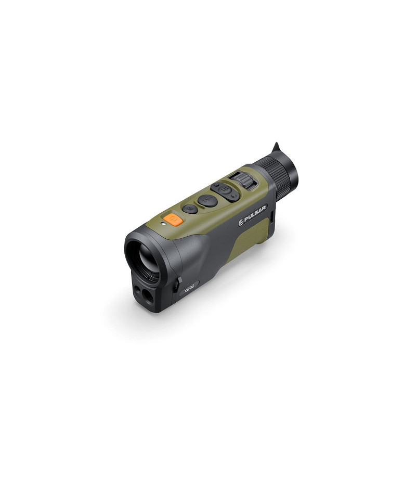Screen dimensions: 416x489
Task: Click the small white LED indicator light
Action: (x=162, y=223)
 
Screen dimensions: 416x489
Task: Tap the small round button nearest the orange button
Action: (x=190, y=209)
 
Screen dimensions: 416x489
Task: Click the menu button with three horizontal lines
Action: (x=224, y=189)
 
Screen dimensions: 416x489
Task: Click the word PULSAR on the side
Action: (x=255, y=214)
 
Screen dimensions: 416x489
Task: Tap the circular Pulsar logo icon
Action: (x=241, y=222)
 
